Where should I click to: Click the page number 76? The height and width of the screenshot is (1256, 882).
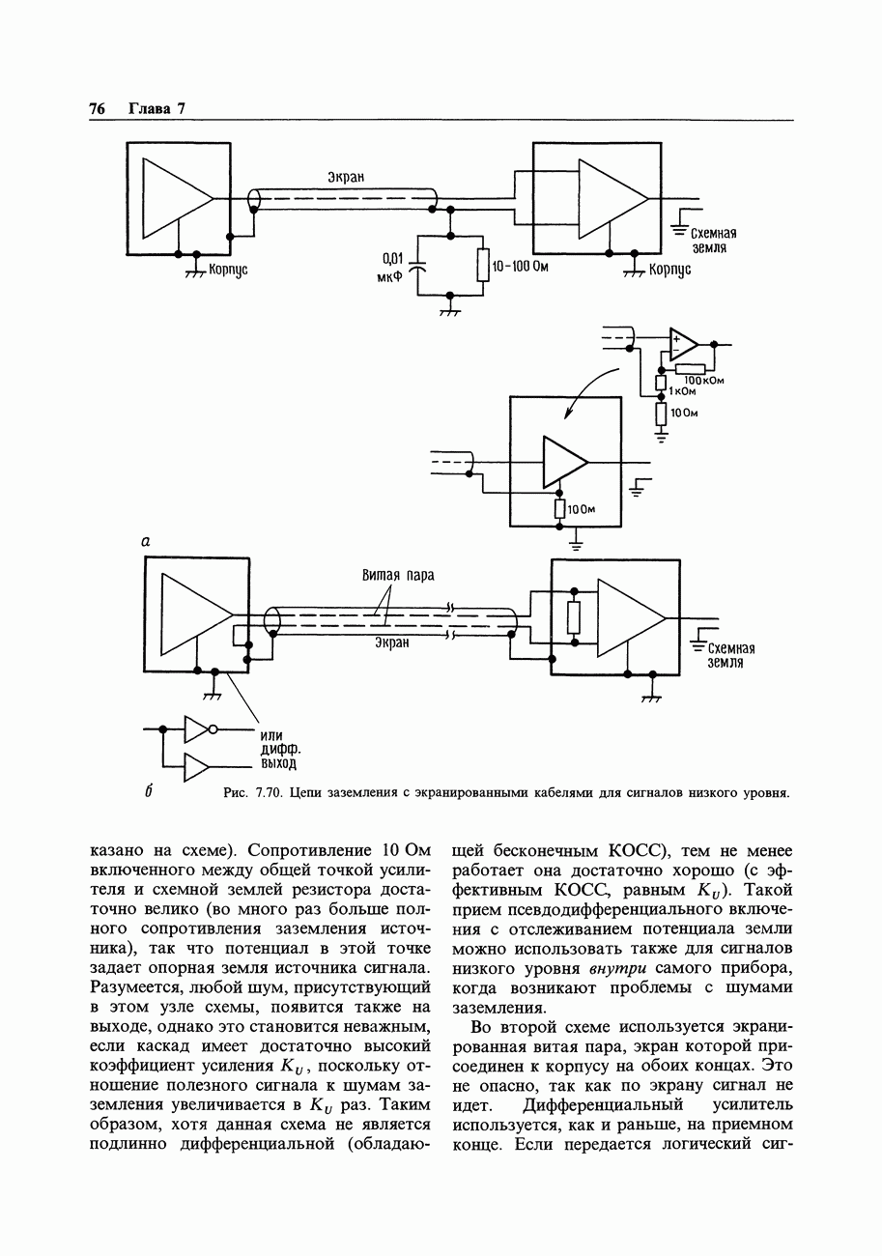coord(96,108)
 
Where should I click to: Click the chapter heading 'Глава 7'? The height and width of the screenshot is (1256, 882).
coord(156,108)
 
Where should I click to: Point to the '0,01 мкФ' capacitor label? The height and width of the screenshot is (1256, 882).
coord(390,266)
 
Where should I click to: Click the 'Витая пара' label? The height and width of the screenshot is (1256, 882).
coord(398,576)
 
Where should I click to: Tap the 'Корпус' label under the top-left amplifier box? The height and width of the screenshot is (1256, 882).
coord(229,271)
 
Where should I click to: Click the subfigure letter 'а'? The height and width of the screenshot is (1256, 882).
coord(146,542)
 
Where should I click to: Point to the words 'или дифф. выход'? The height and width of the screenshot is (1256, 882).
coord(278,750)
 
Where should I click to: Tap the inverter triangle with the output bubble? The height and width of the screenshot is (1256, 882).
coord(197,728)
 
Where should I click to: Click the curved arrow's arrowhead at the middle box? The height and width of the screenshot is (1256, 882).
coord(568,414)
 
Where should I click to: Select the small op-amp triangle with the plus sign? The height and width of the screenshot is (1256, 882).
coord(683,343)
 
